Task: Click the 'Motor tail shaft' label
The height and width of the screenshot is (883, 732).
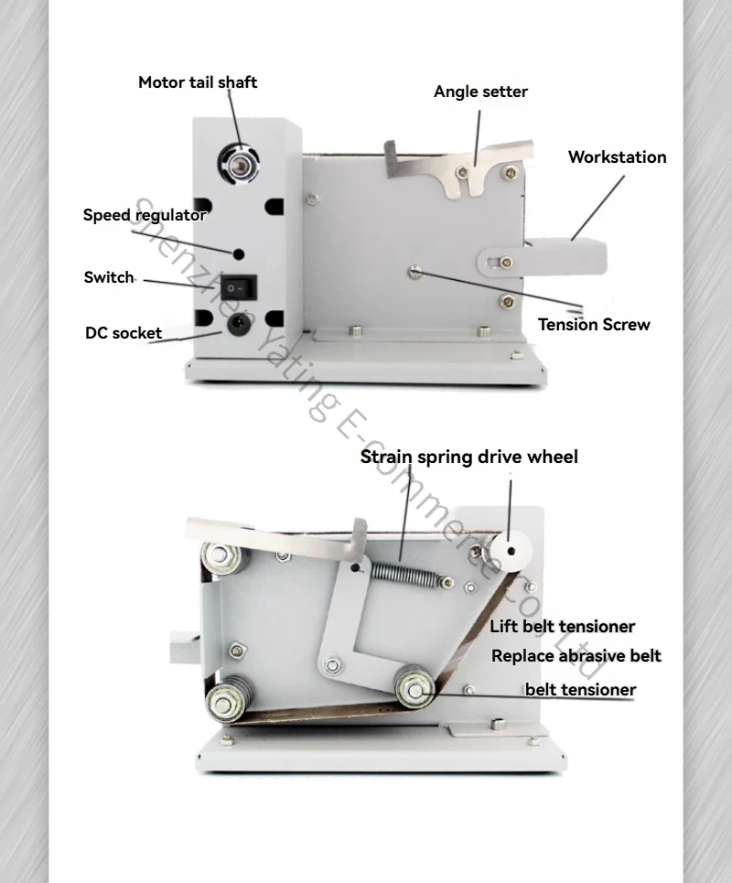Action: point(198,82)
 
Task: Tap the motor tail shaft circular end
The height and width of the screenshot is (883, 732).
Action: point(239,163)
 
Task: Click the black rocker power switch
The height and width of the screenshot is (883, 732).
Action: point(238,287)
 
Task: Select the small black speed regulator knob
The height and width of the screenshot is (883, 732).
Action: point(239,254)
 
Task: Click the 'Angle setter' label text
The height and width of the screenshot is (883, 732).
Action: point(481,92)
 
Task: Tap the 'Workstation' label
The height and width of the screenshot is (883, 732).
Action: point(617,157)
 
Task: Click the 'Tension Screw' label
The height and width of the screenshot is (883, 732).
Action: point(594,324)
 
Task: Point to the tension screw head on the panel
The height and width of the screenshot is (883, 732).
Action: point(415,272)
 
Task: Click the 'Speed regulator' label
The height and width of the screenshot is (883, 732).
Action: point(145,215)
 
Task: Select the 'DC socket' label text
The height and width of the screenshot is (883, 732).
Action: point(124,333)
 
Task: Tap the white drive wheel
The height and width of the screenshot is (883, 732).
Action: point(511,551)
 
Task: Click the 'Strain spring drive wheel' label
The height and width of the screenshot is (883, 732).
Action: point(469,457)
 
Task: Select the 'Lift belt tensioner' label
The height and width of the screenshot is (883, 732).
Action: point(562,626)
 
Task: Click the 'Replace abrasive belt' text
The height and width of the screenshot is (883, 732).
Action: point(576,656)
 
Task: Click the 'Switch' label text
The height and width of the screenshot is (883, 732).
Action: point(109,277)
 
